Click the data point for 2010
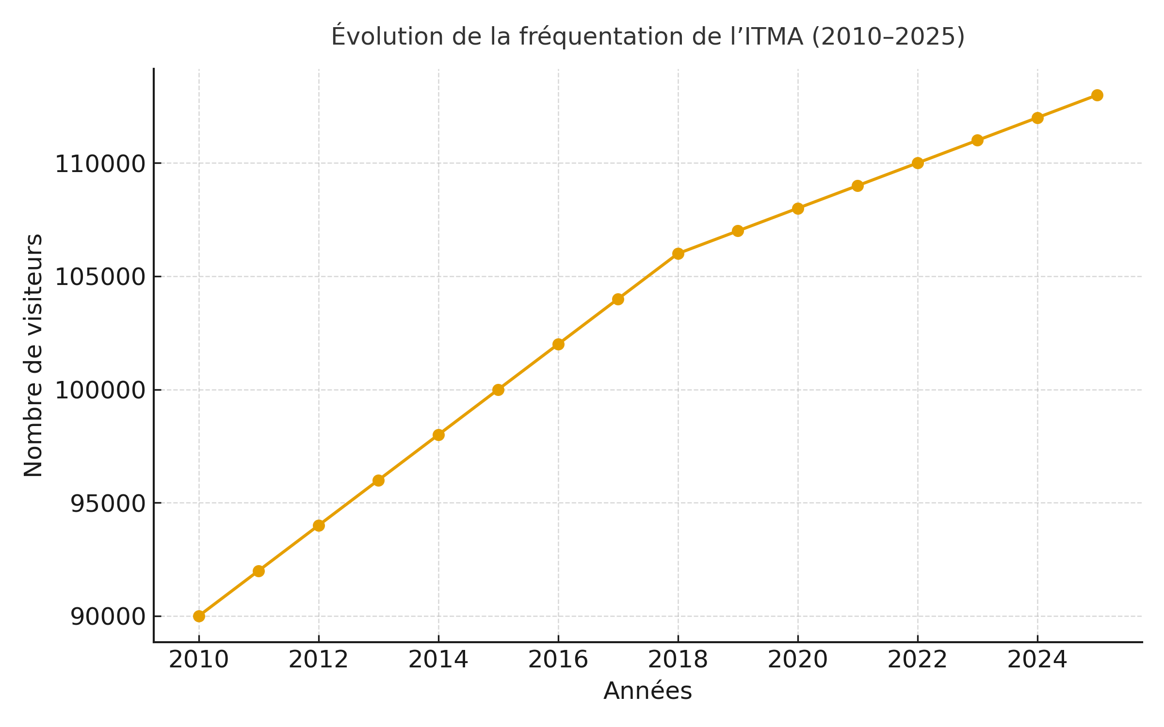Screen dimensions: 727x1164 [x=199, y=616]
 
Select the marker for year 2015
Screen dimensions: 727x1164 [x=498, y=390]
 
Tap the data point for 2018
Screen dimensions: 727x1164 [x=678, y=253]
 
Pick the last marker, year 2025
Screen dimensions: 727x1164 [x=1097, y=95]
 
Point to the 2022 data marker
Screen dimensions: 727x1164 [x=918, y=163]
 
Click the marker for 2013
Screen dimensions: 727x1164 [x=378, y=480]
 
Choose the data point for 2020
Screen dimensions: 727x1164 [x=798, y=208]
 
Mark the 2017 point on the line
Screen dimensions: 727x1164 [x=618, y=299]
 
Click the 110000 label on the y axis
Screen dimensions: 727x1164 [x=100, y=164]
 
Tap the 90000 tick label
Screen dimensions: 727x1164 [x=108, y=617]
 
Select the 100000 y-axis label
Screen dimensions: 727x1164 [x=100, y=390]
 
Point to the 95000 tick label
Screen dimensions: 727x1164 [x=108, y=504]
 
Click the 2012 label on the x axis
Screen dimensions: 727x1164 [x=318, y=660]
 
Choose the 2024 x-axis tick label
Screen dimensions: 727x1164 [x=1037, y=660]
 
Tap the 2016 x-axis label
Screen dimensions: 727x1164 [x=558, y=660]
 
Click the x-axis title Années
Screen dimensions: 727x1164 [x=647, y=691]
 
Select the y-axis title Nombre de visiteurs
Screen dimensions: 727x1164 [x=33, y=355]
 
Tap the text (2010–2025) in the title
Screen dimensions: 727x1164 [x=888, y=37]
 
